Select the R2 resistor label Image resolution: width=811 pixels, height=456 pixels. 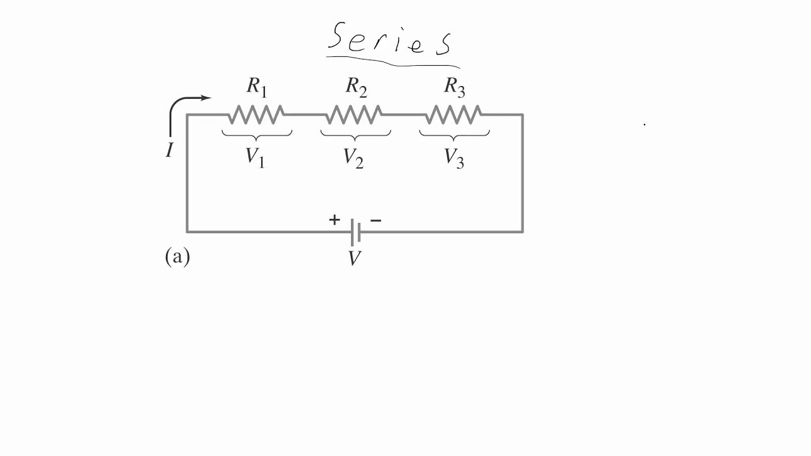coord(356,87)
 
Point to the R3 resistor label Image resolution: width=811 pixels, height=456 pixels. coord(454,87)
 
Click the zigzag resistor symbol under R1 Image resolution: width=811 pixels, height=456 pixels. coord(257,115)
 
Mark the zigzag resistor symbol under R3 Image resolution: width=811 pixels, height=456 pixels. coord(454,115)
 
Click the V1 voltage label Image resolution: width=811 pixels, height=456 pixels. coord(255,158)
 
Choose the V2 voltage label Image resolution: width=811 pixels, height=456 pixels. coord(354,158)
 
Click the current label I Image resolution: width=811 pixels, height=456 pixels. coord(169,151)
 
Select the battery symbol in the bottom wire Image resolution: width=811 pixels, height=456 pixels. coord(355,232)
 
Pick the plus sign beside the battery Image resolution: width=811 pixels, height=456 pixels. coord(334,220)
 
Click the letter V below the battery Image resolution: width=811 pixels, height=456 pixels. coord(354,258)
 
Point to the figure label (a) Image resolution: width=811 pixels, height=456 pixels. coord(177,256)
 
